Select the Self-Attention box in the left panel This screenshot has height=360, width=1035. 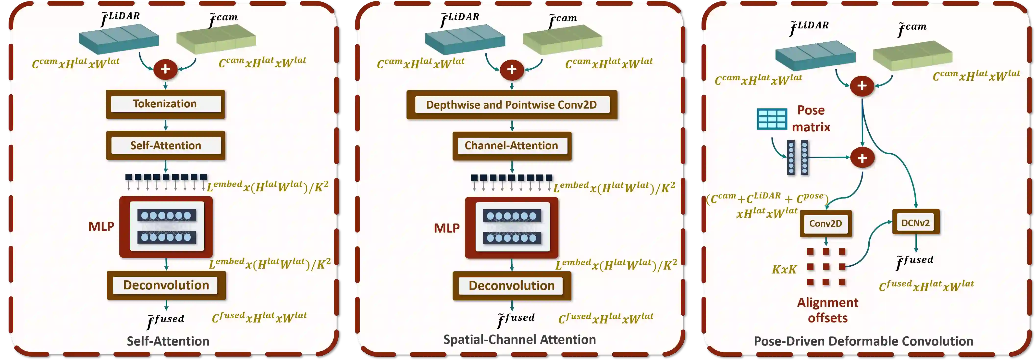point(166,146)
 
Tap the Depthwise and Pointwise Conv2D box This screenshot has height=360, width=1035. point(511,105)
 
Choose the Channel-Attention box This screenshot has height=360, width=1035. point(511,146)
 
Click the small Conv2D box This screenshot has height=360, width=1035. point(826,223)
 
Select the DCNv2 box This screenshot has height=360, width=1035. point(916,223)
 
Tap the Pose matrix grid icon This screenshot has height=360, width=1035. point(771,119)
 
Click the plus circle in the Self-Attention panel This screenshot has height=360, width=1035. point(165,69)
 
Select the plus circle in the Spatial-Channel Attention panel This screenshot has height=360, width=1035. point(511,70)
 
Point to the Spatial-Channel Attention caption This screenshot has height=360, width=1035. point(519,339)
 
